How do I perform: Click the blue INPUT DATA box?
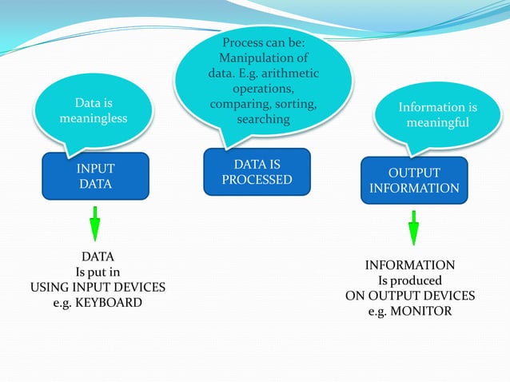click(95, 176)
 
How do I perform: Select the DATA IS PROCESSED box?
click(257, 172)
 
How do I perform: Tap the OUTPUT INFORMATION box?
click(414, 181)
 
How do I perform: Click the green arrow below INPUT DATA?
click(94, 223)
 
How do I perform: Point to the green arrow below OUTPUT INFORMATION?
click(413, 228)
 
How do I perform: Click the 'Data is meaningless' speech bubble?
click(93, 112)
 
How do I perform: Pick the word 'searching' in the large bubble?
click(263, 119)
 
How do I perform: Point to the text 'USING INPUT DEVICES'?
click(98, 288)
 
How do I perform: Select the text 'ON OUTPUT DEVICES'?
click(409, 296)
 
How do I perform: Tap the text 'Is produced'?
click(409, 281)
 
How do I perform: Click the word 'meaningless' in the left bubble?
click(93, 119)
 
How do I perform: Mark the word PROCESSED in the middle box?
click(257, 180)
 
